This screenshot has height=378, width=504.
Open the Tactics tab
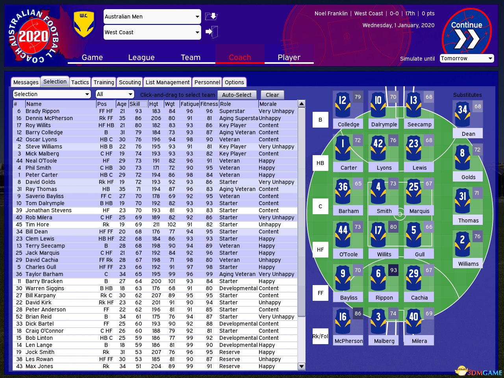(80, 82)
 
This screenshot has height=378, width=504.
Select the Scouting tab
(130, 82)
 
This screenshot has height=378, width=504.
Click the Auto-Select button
(237, 95)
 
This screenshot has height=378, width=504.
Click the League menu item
(141, 57)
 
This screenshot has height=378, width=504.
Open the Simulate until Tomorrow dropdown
(467, 58)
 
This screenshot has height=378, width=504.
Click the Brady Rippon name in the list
(43, 111)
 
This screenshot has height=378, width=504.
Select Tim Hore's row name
(37, 224)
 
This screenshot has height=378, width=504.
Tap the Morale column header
(268, 104)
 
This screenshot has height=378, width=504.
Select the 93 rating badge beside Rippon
(393, 270)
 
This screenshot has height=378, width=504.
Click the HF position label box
(321, 250)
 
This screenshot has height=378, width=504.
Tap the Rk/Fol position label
(321, 336)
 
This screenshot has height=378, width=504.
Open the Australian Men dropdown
(152, 17)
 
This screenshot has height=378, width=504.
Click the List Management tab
(167, 82)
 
